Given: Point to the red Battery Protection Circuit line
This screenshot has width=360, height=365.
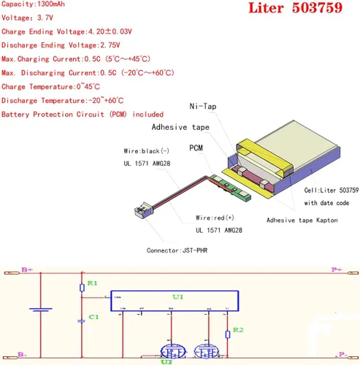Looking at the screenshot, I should point(83,114).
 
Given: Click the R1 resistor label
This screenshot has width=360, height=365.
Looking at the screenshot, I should point(91,283).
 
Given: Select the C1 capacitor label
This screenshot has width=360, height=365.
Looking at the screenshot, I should point(92,317).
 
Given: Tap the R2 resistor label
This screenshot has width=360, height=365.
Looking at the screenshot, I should point(237,332).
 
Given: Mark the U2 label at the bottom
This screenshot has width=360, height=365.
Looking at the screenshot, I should point(166,360).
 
